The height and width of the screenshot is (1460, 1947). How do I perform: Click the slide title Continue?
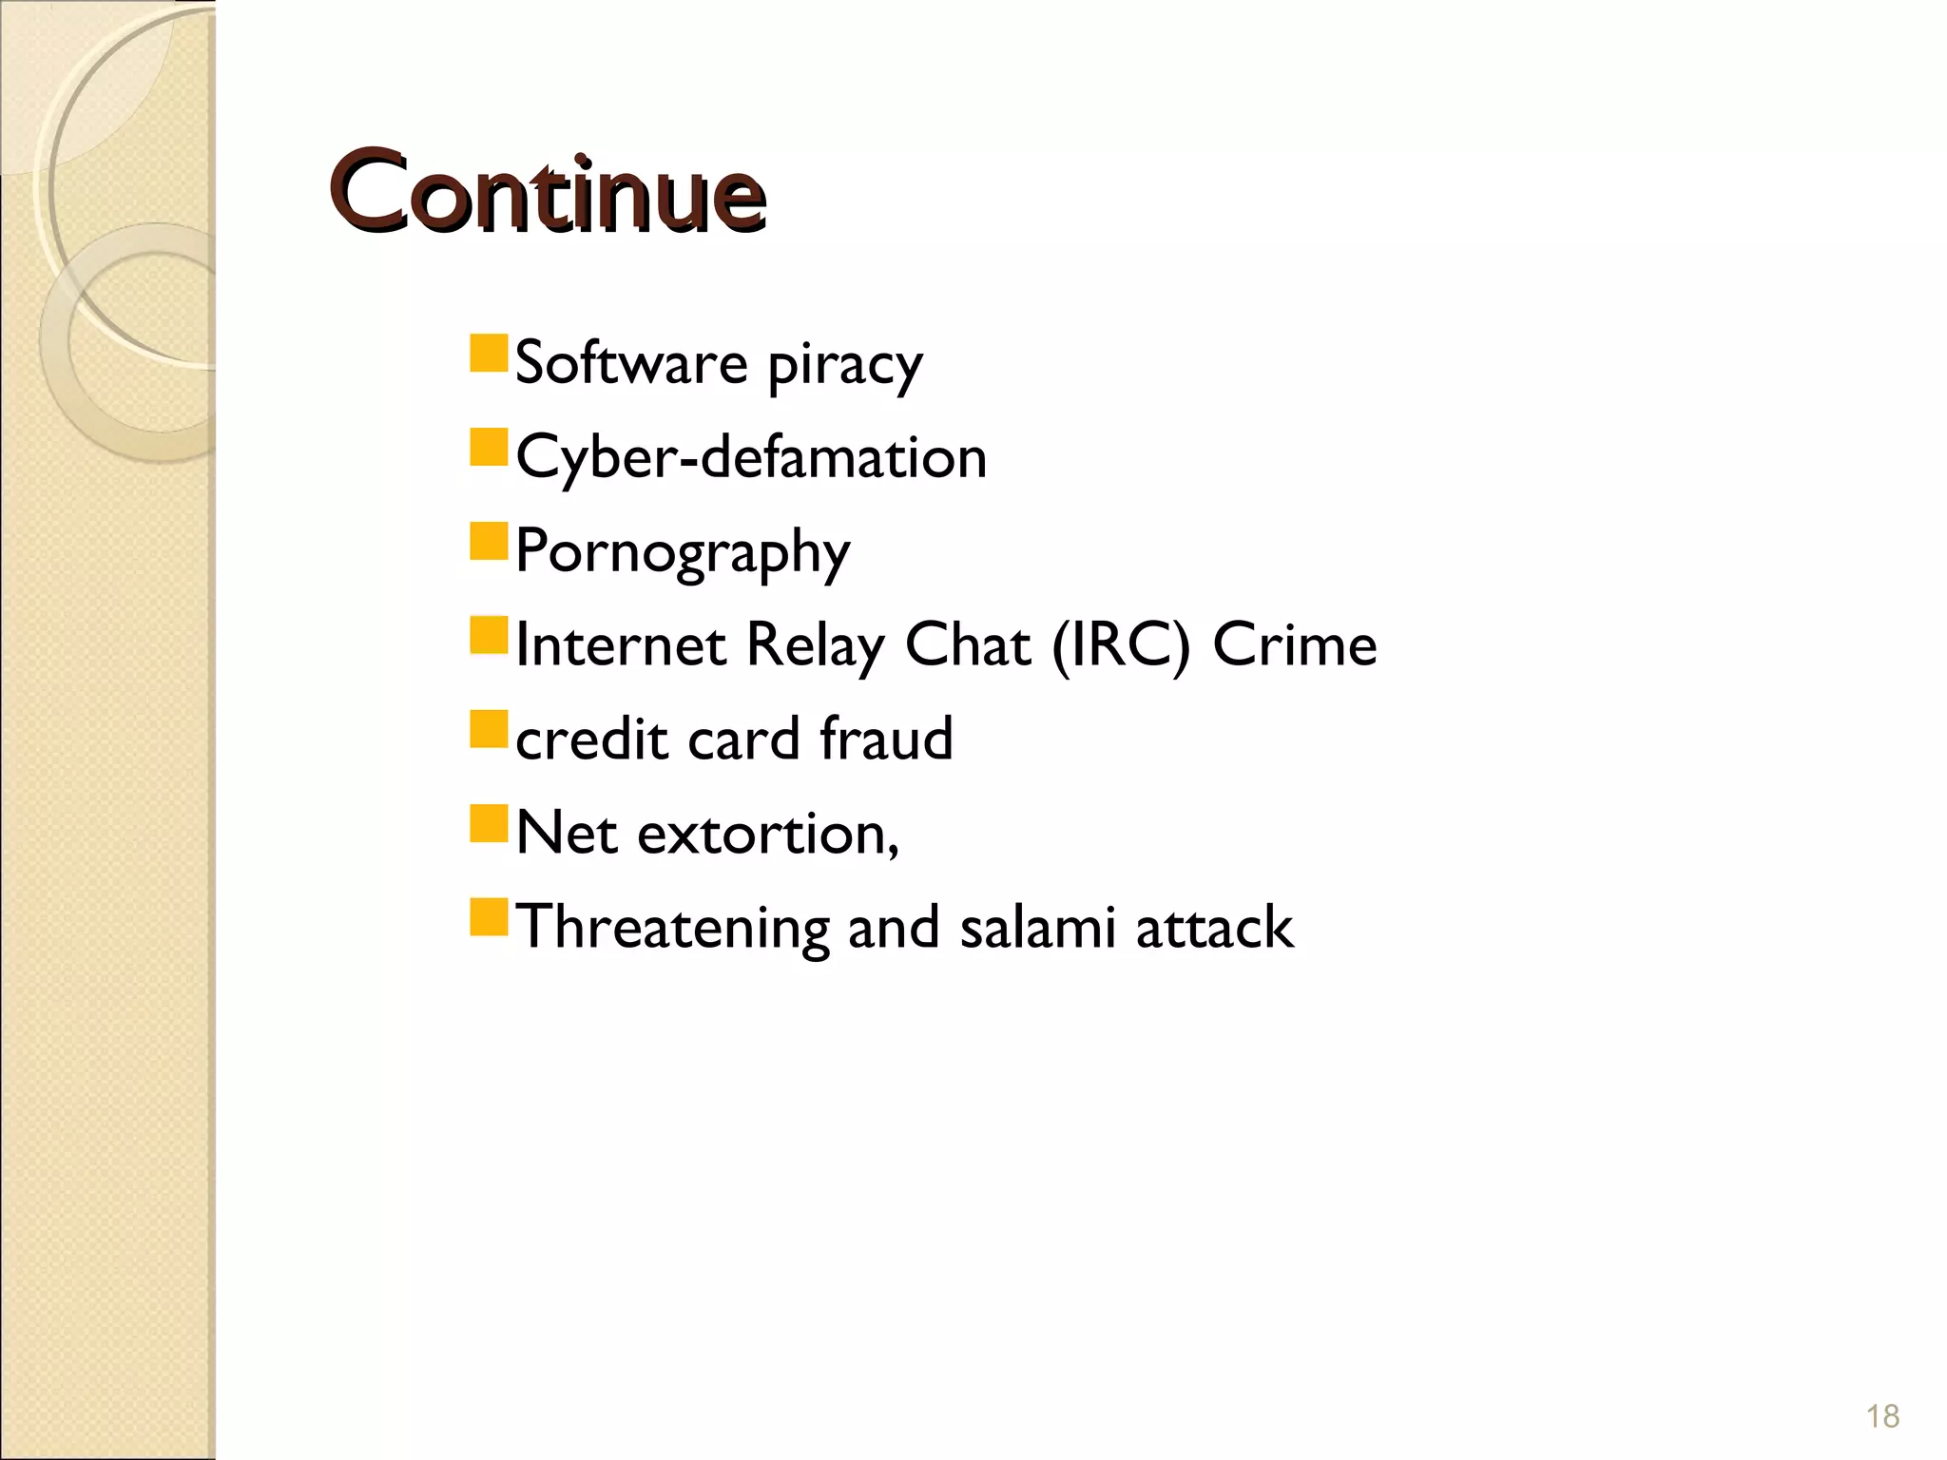(x=548, y=193)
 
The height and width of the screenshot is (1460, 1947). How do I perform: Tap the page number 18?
(x=1882, y=1416)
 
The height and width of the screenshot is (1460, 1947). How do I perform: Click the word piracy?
(x=844, y=366)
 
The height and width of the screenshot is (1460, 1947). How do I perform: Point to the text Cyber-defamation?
(x=751, y=457)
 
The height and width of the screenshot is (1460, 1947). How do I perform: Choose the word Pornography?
(x=683, y=552)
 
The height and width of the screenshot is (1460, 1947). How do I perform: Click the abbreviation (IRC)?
(x=1121, y=645)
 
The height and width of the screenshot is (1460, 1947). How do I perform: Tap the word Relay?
(x=815, y=645)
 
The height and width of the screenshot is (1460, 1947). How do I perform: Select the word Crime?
(x=1294, y=644)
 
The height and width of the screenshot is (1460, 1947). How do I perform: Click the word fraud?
(x=886, y=739)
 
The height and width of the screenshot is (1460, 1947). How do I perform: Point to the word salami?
(x=1037, y=927)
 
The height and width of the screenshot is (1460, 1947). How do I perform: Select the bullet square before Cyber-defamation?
(x=490, y=447)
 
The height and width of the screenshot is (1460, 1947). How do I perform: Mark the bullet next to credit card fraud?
(x=490, y=729)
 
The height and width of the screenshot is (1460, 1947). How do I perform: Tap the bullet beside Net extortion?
(x=490, y=823)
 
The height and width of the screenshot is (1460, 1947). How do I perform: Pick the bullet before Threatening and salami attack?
(x=490, y=917)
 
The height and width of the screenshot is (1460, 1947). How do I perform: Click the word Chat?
(x=967, y=644)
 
